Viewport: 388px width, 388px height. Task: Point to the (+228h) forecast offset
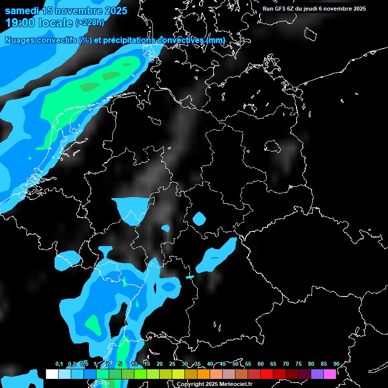pyautogui.click(x=90, y=22)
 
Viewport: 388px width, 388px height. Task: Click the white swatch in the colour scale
pyautogui.click(x=52, y=374)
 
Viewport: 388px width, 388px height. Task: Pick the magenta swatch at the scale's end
pyautogui.click(x=329, y=374)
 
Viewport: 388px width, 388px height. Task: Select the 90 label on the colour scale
pyautogui.click(x=336, y=364)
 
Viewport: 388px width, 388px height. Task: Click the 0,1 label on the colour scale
pyautogui.click(x=59, y=364)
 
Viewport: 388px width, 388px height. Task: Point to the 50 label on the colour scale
pyautogui.click(x=235, y=364)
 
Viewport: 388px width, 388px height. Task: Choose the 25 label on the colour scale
pyautogui.click(x=172, y=364)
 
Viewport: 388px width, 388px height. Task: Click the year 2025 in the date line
pyautogui.click(x=115, y=11)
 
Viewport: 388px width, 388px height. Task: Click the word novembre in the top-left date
pyautogui.click(x=77, y=11)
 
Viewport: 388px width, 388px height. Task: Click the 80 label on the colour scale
pyautogui.click(x=311, y=364)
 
